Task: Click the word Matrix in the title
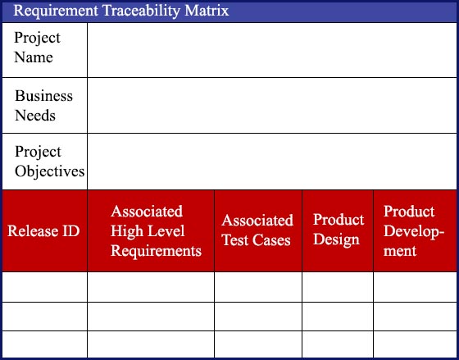click(207, 11)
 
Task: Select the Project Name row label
click(37, 48)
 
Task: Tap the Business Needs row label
click(43, 106)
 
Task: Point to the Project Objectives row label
click(50, 162)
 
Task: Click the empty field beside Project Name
click(272, 50)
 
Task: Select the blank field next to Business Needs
click(272, 106)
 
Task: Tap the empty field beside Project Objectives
click(272, 162)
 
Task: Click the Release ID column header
click(43, 230)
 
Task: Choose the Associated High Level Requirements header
click(156, 230)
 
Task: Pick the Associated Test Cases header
click(257, 230)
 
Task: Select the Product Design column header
click(339, 230)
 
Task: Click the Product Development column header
click(414, 230)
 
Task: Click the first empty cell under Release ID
click(44, 287)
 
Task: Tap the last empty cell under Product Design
click(338, 344)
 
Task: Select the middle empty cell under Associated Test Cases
click(258, 317)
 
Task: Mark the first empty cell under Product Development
click(415, 287)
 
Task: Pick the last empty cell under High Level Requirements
click(151, 344)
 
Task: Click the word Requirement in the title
click(56, 11)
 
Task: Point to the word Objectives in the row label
click(50, 171)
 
